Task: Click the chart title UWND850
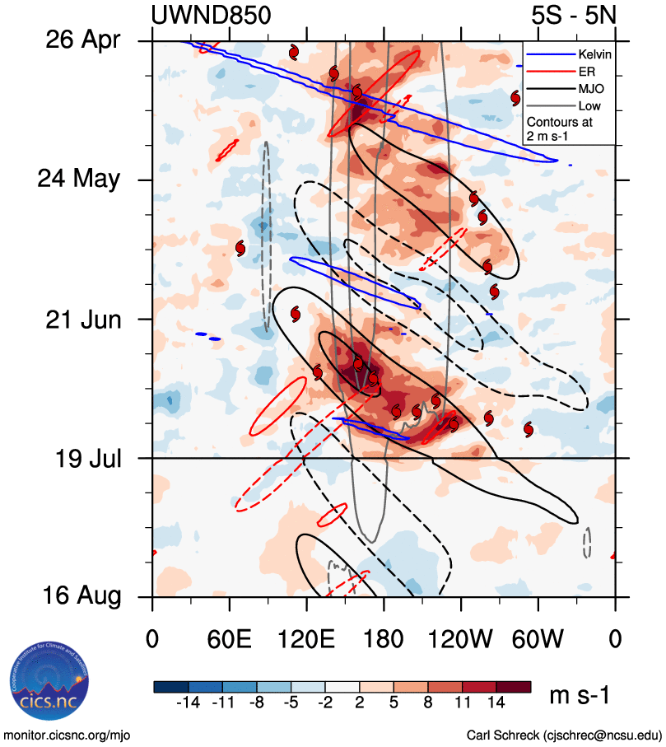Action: point(212,16)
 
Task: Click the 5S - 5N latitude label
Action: point(573,16)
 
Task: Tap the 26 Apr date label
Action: point(82,40)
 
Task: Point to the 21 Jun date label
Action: point(82,319)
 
